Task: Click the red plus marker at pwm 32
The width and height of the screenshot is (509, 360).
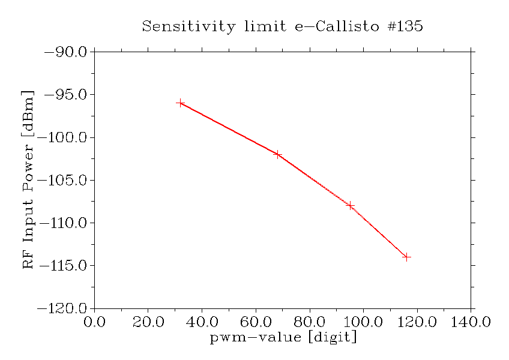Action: pos(180,103)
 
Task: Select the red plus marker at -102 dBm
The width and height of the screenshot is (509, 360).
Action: pos(277,154)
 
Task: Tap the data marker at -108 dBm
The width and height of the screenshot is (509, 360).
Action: pos(350,206)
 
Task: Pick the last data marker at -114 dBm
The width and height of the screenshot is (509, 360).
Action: pos(406,257)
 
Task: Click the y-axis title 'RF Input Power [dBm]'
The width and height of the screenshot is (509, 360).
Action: pos(28,179)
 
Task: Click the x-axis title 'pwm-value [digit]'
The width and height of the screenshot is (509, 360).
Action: pos(283,338)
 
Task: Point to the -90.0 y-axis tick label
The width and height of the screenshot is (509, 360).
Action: pos(66,52)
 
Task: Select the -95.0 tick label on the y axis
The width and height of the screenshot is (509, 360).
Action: pos(66,95)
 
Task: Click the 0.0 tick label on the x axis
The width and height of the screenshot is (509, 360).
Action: pos(95,322)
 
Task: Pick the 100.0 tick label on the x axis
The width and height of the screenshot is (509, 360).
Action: pos(363,322)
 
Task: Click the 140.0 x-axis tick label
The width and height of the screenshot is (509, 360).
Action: pos(471,322)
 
